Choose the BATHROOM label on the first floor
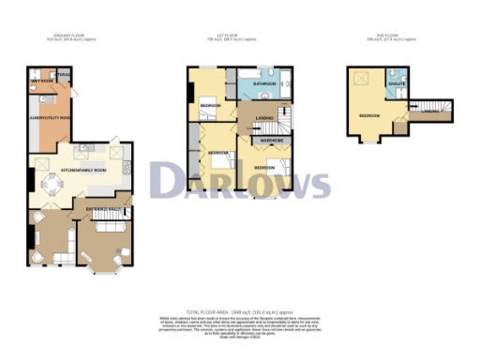(x=263, y=84)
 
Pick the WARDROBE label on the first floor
(x=272, y=142)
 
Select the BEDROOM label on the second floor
(x=368, y=116)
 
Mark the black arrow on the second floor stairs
(x=433, y=110)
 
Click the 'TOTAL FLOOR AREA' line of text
(x=239, y=310)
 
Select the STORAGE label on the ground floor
(x=64, y=73)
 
